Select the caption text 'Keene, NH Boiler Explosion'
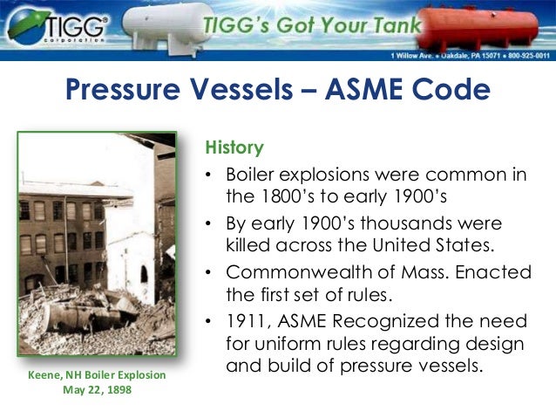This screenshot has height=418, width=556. [96, 375]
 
